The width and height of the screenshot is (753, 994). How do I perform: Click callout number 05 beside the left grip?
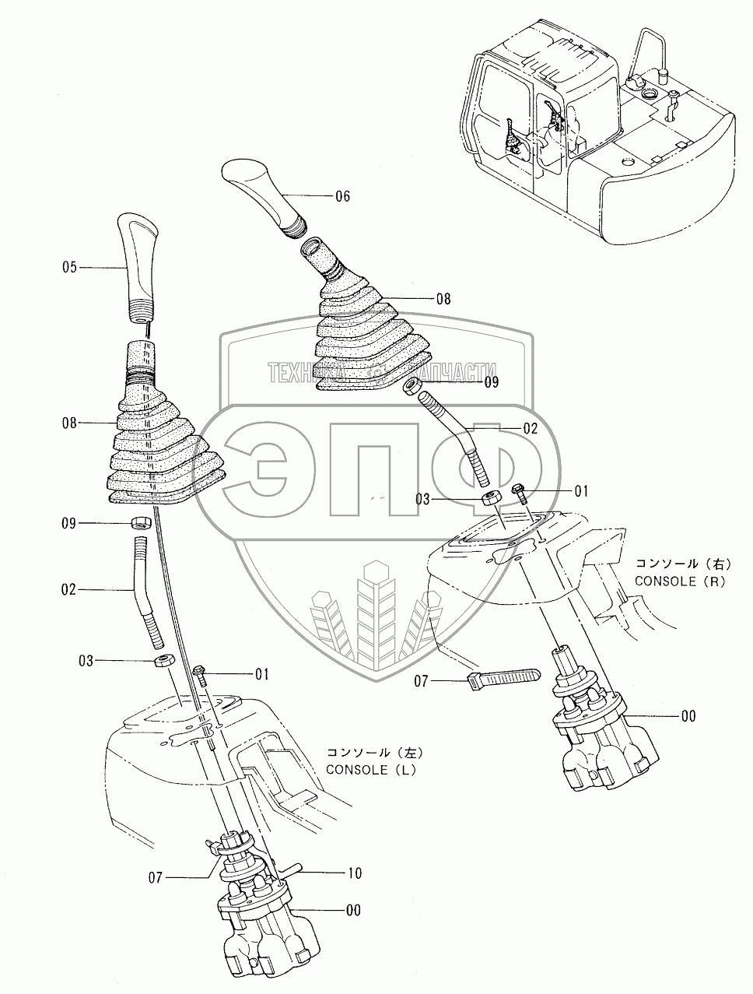coord(70,267)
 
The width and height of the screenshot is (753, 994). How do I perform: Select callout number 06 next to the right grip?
coord(341,197)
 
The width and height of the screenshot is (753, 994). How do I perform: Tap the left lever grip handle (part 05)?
coord(139,265)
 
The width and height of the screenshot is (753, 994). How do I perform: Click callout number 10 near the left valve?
coord(354,874)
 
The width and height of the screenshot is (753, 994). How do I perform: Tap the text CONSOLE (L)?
coord(373,770)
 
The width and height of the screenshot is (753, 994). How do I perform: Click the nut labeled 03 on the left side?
coord(163,661)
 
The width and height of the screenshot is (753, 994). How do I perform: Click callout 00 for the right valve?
coord(688,716)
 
